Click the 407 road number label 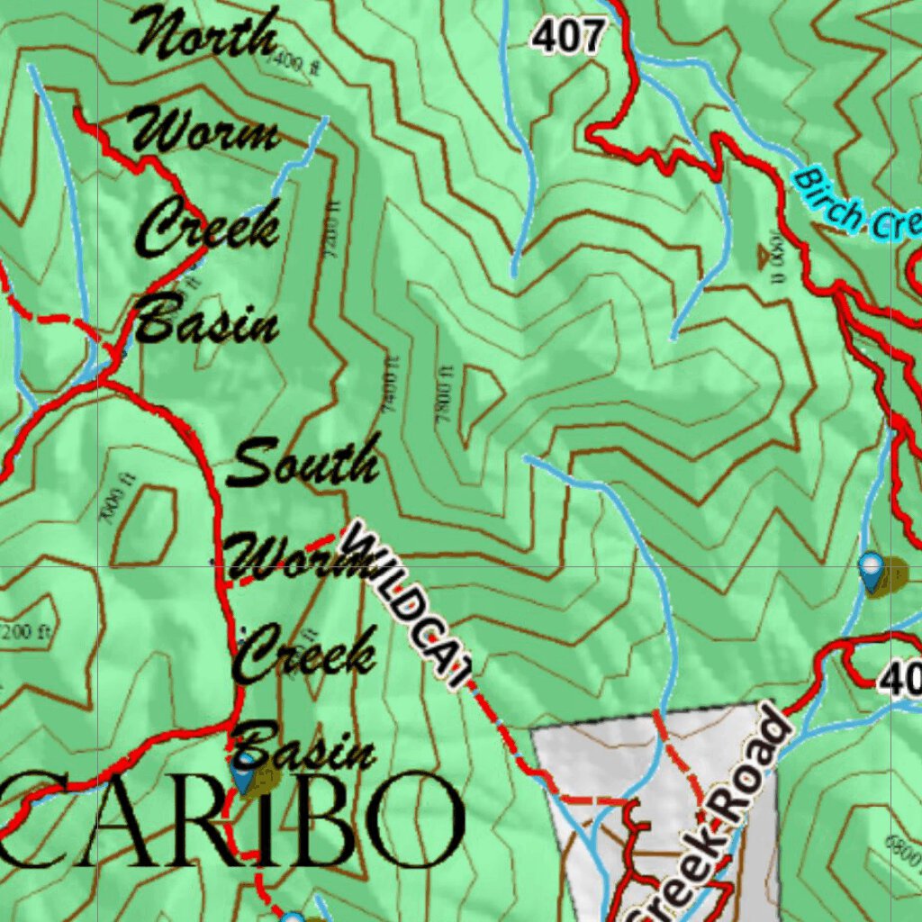(567, 37)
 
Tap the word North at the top (207, 33)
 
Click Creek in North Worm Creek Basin (208, 227)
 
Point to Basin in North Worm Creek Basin (207, 322)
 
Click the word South (303, 463)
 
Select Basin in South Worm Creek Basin (306, 747)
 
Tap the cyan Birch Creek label (856, 207)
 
